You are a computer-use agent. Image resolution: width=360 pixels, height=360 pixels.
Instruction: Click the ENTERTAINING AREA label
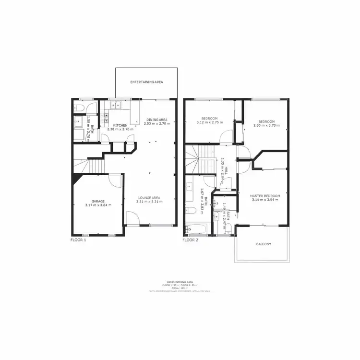(x=147, y=82)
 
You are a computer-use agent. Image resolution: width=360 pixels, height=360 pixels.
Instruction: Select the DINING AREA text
(x=156, y=120)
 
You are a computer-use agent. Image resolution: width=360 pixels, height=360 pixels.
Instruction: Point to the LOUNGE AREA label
(x=149, y=198)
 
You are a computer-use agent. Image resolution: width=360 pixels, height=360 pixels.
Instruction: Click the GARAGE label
(x=98, y=201)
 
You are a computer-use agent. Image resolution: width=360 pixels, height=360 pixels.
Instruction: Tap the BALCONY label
(x=263, y=244)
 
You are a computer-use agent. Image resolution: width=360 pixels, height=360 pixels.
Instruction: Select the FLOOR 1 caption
(x=78, y=240)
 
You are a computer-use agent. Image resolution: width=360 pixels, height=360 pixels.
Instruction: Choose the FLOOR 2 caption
(x=191, y=240)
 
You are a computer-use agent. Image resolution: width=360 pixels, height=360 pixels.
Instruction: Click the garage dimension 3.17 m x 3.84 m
(x=98, y=205)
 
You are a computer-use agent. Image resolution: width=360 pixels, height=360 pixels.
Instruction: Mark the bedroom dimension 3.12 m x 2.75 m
(x=210, y=123)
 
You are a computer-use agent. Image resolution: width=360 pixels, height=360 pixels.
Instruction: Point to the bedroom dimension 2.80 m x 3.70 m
(x=266, y=126)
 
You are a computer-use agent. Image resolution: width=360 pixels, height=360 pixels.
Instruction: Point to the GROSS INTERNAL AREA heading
(x=180, y=282)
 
